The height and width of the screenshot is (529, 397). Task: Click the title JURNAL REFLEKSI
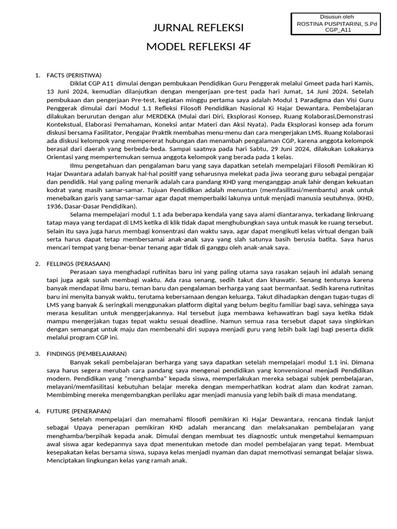pos(199,27)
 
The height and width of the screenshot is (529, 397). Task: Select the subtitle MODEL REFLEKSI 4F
pos(199,47)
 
